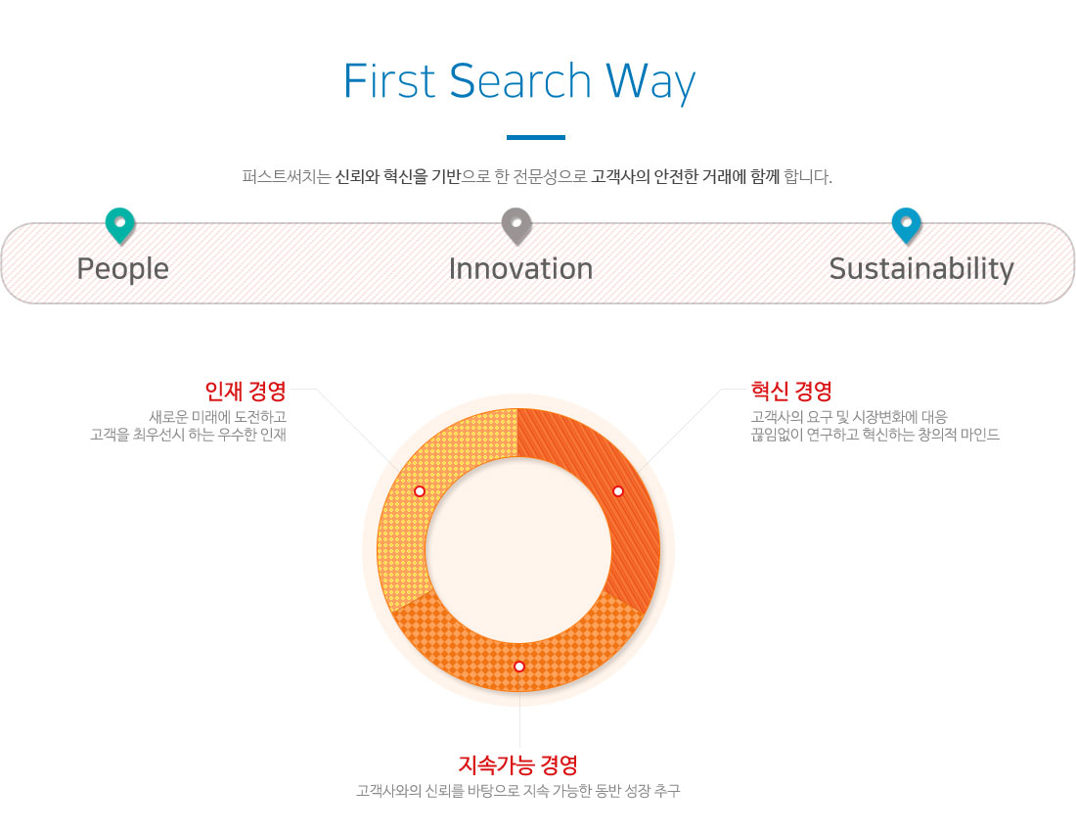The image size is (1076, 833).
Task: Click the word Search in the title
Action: click(520, 81)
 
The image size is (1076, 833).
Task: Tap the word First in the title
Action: click(389, 81)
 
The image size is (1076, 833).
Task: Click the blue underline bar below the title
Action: click(536, 137)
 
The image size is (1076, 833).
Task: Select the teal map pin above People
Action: click(120, 225)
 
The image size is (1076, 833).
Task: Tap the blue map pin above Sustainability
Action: click(906, 225)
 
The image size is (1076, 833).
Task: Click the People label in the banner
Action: click(123, 269)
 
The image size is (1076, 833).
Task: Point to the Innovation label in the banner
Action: click(520, 268)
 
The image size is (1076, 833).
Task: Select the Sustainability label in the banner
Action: click(920, 269)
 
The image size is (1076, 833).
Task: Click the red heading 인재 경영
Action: click(246, 391)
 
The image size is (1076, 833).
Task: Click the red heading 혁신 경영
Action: click(791, 391)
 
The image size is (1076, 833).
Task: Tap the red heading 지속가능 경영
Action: click(518, 764)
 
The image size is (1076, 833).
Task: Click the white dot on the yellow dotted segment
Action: click(420, 491)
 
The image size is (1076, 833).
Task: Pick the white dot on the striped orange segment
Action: click(617, 491)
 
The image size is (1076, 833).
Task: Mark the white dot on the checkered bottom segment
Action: click(518, 667)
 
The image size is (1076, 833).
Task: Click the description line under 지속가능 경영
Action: click(518, 791)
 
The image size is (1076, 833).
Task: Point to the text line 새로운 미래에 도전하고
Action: click(217, 417)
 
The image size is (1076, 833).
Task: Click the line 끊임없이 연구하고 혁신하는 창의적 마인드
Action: click(874, 435)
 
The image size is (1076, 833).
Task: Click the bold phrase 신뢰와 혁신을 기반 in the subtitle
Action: click(398, 176)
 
